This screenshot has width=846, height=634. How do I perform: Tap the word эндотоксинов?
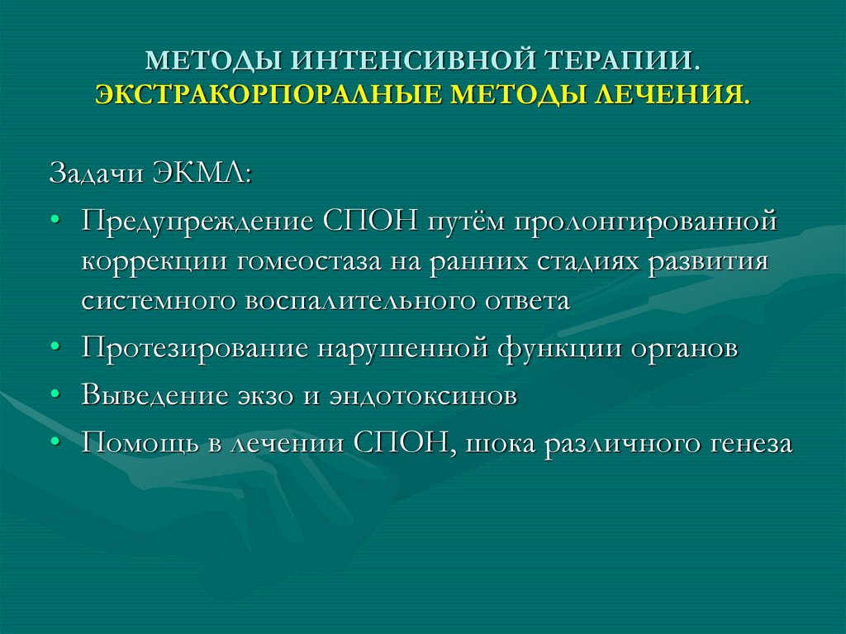tap(421, 395)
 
